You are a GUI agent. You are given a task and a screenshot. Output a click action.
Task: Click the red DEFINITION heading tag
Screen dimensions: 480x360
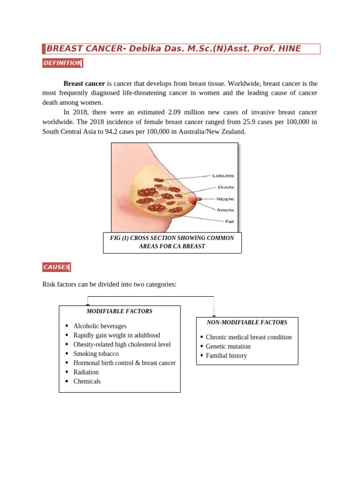coord(62,63)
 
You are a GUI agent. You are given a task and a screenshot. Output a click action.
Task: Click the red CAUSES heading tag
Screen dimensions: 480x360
coord(56,267)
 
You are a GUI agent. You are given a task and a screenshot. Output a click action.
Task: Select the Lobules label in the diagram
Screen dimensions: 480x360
coord(223,176)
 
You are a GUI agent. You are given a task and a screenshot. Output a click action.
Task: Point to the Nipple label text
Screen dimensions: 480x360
coord(225,199)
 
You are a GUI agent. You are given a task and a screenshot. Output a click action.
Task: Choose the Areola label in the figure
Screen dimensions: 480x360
coord(225,210)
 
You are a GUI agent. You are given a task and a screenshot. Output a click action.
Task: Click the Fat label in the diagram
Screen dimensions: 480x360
coord(229,221)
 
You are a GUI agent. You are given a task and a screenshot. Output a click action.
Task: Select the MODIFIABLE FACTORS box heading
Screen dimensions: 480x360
coord(119,311)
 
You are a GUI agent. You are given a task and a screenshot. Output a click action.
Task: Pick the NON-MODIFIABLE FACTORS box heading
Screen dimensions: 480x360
coord(247,322)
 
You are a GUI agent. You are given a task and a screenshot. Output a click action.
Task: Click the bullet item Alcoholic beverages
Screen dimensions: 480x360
coord(100,326)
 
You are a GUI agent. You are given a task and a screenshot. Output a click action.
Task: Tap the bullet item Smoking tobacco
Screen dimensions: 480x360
coord(96,353)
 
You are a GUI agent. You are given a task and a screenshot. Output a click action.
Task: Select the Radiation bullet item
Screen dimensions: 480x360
coord(86,372)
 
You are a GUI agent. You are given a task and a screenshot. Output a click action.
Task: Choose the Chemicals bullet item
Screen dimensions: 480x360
coord(87,381)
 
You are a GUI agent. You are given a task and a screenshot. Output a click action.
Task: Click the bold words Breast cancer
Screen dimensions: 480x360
coord(84,83)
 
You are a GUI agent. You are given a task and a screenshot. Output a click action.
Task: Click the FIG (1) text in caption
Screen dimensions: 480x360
coord(119,238)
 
